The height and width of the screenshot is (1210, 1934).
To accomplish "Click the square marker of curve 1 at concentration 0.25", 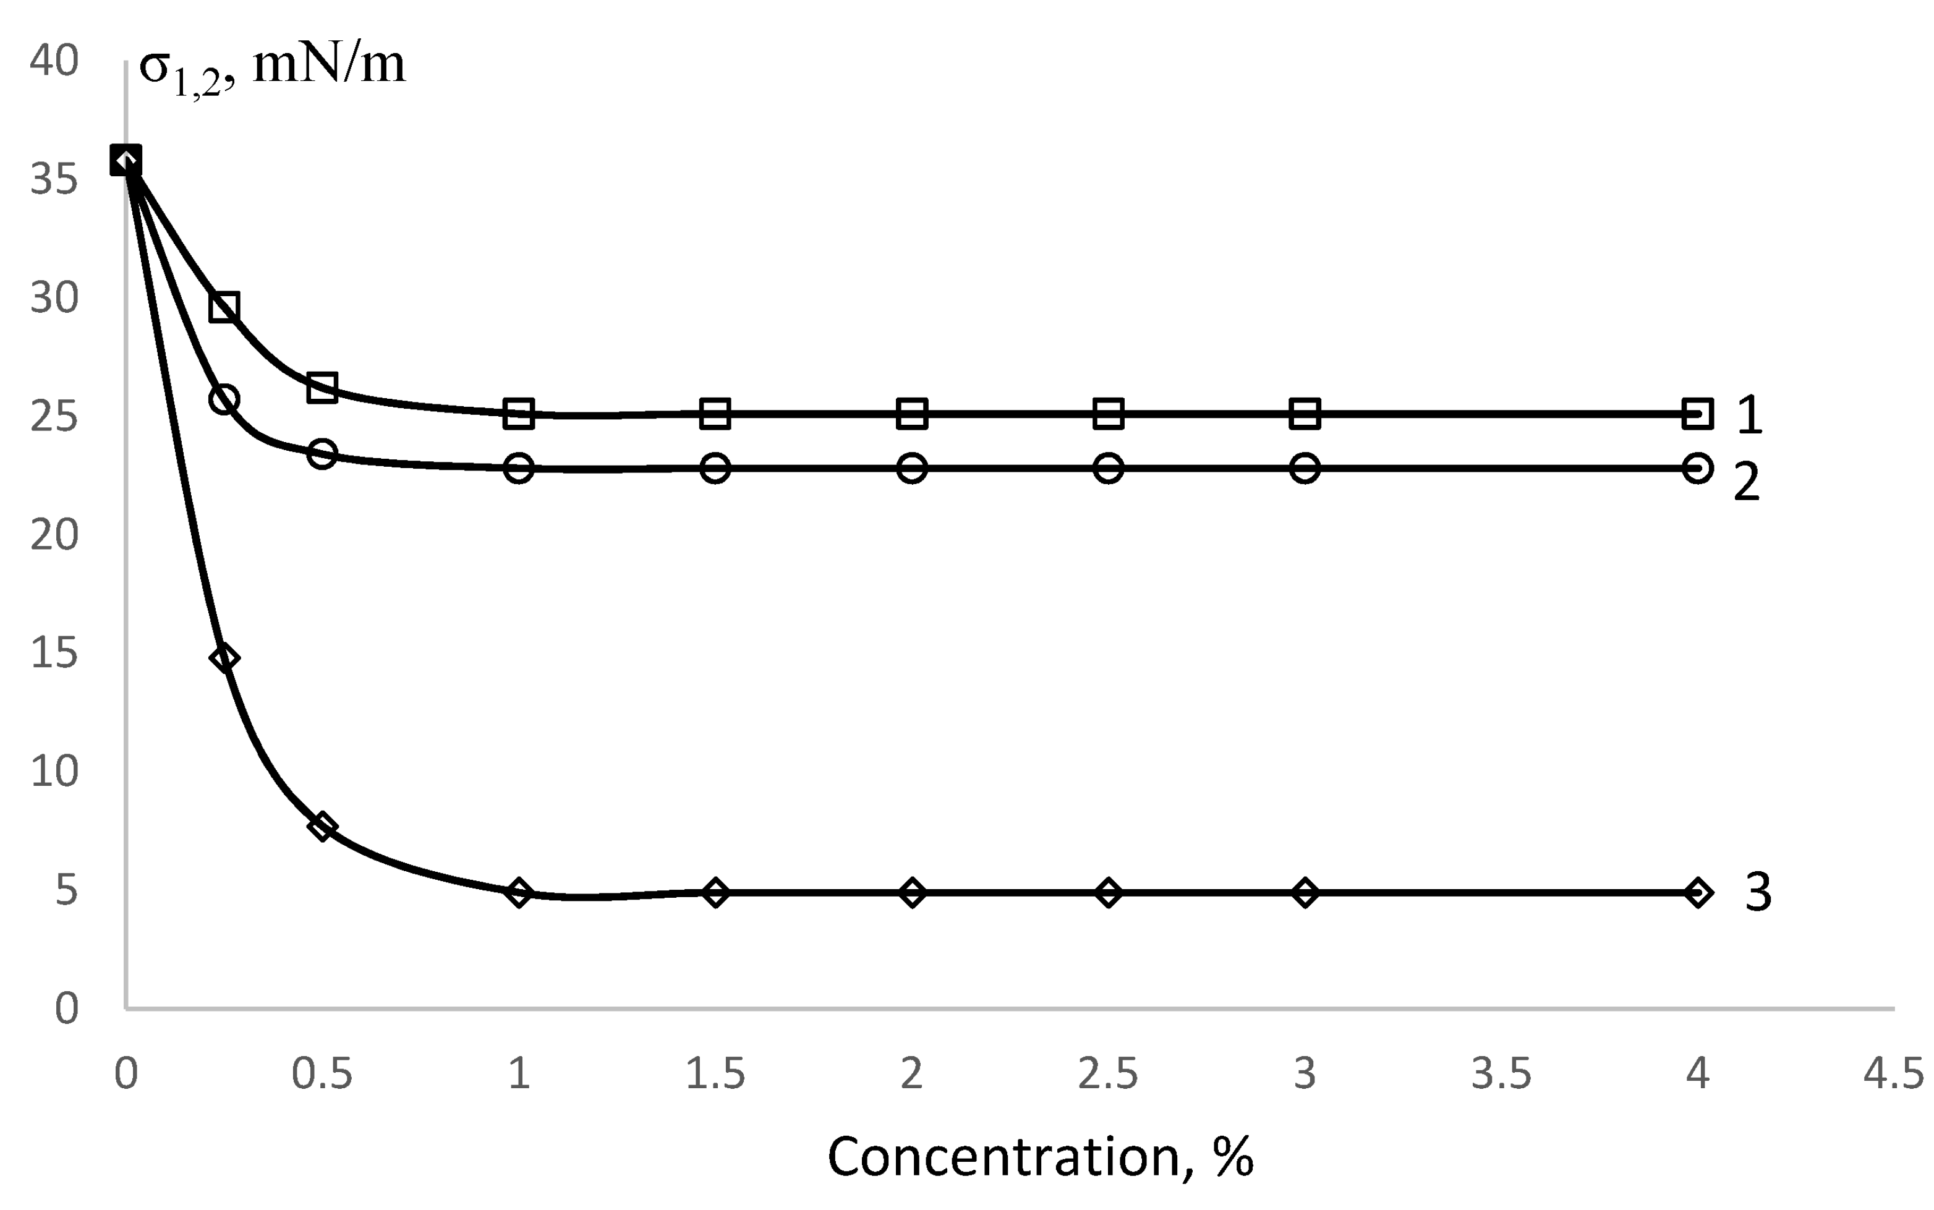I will point(224,307).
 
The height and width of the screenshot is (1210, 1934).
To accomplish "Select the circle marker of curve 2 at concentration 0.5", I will point(322,454).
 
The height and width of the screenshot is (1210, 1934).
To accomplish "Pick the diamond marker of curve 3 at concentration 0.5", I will point(322,826).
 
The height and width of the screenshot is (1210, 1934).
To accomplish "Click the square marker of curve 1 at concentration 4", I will point(1697,413).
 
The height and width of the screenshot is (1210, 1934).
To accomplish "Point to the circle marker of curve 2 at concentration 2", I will point(911,467).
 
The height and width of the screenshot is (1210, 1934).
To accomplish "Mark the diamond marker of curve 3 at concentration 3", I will point(1304,892).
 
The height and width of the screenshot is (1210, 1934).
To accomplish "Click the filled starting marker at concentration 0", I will point(126,161).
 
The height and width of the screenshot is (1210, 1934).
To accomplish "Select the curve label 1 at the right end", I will point(1749,415).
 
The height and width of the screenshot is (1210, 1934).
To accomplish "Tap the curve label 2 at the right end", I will point(1747,482).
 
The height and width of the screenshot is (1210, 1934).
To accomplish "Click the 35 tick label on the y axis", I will point(54,179).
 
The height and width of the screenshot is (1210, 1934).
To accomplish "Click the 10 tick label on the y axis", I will point(54,772).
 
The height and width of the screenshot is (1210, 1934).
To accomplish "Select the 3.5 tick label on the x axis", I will point(1501,1074).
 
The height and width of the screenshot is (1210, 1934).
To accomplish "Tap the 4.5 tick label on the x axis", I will point(1893,1074).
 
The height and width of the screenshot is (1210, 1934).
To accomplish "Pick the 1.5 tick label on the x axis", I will point(715,1074).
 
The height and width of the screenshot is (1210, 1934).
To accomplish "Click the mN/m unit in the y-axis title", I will point(329,66).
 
